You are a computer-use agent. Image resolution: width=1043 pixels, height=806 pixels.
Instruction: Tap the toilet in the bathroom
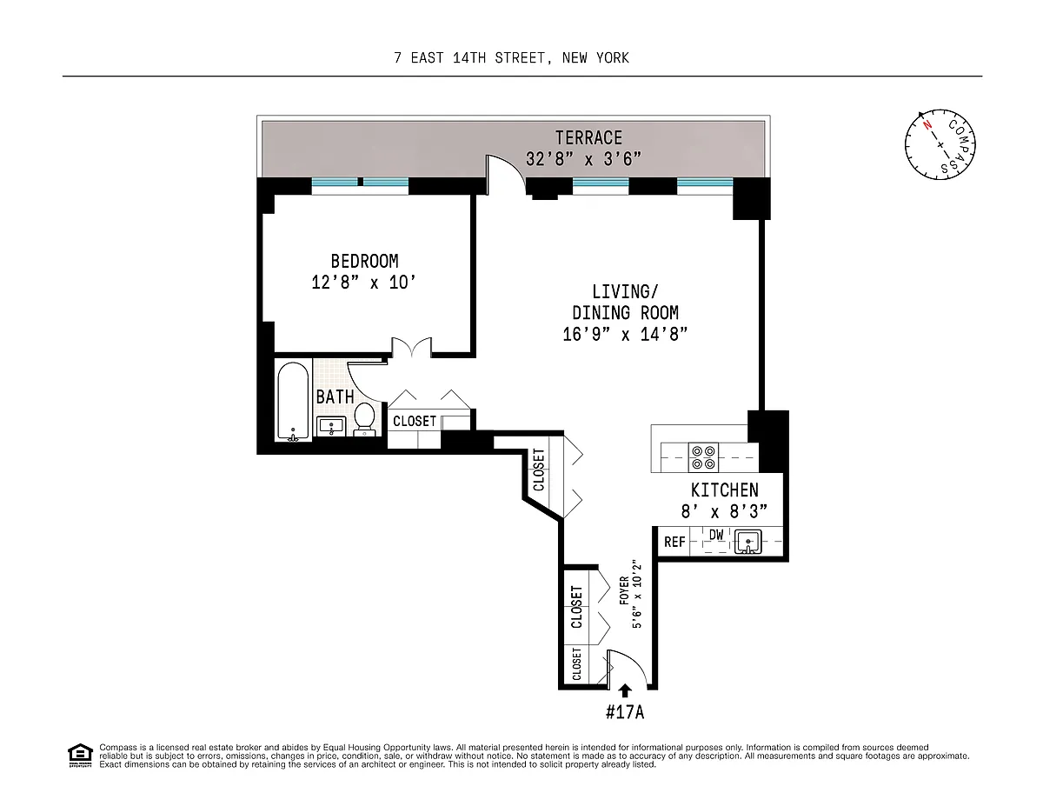coord(365,418)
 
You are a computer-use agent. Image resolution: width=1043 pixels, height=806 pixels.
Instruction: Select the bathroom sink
coord(330,426)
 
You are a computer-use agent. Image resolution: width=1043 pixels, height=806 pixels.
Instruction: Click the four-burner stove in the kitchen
coord(703,457)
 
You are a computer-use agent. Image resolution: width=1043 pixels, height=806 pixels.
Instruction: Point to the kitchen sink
coord(747,542)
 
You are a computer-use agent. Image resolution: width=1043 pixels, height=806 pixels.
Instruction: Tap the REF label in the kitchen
coord(674,542)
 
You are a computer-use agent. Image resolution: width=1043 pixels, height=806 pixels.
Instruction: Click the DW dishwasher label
coord(716,535)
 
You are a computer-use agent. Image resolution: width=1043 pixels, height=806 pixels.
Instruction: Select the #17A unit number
coord(624,712)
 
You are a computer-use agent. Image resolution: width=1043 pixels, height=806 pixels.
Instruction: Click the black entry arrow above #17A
coord(624,690)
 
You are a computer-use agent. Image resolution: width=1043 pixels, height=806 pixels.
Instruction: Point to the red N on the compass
coord(927,125)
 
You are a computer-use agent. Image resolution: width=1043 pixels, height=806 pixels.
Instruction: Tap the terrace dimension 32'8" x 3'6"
coord(583,159)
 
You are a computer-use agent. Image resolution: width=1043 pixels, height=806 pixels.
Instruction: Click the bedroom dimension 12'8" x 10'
coord(363,283)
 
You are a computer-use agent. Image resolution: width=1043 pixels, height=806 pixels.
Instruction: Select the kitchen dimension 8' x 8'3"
coord(724,512)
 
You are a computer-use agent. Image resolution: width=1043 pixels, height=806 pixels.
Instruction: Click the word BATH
coord(335,397)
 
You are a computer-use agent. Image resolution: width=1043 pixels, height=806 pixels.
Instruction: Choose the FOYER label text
coord(624,590)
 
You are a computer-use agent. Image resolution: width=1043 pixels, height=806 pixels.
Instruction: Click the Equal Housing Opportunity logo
coord(80,756)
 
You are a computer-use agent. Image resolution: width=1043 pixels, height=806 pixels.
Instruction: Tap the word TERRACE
coord(588,138)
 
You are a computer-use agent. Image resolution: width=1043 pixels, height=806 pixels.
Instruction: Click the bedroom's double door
coord(412,347)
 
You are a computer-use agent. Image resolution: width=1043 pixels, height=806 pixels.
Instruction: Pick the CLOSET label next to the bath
coord(415,421)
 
